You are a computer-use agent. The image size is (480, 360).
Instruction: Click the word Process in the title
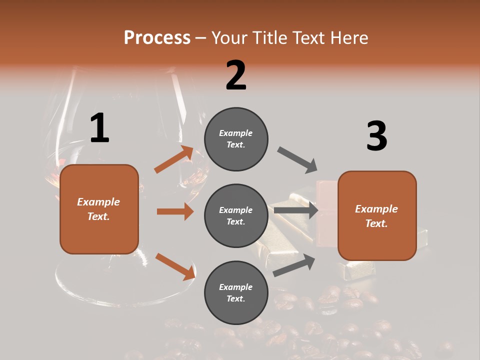(x=157, y=37)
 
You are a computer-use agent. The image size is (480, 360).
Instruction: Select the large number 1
(x=99, y=128)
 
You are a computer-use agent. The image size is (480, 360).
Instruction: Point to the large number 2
(x=236, y=75)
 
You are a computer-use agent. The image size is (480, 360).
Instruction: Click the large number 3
(x=377, y=136)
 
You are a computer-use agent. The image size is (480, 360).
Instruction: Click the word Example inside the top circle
(x=236, y=133)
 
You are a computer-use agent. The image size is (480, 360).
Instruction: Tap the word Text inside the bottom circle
(x=235, y=298)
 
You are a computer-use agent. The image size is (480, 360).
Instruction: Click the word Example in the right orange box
(x=376, y=209)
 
